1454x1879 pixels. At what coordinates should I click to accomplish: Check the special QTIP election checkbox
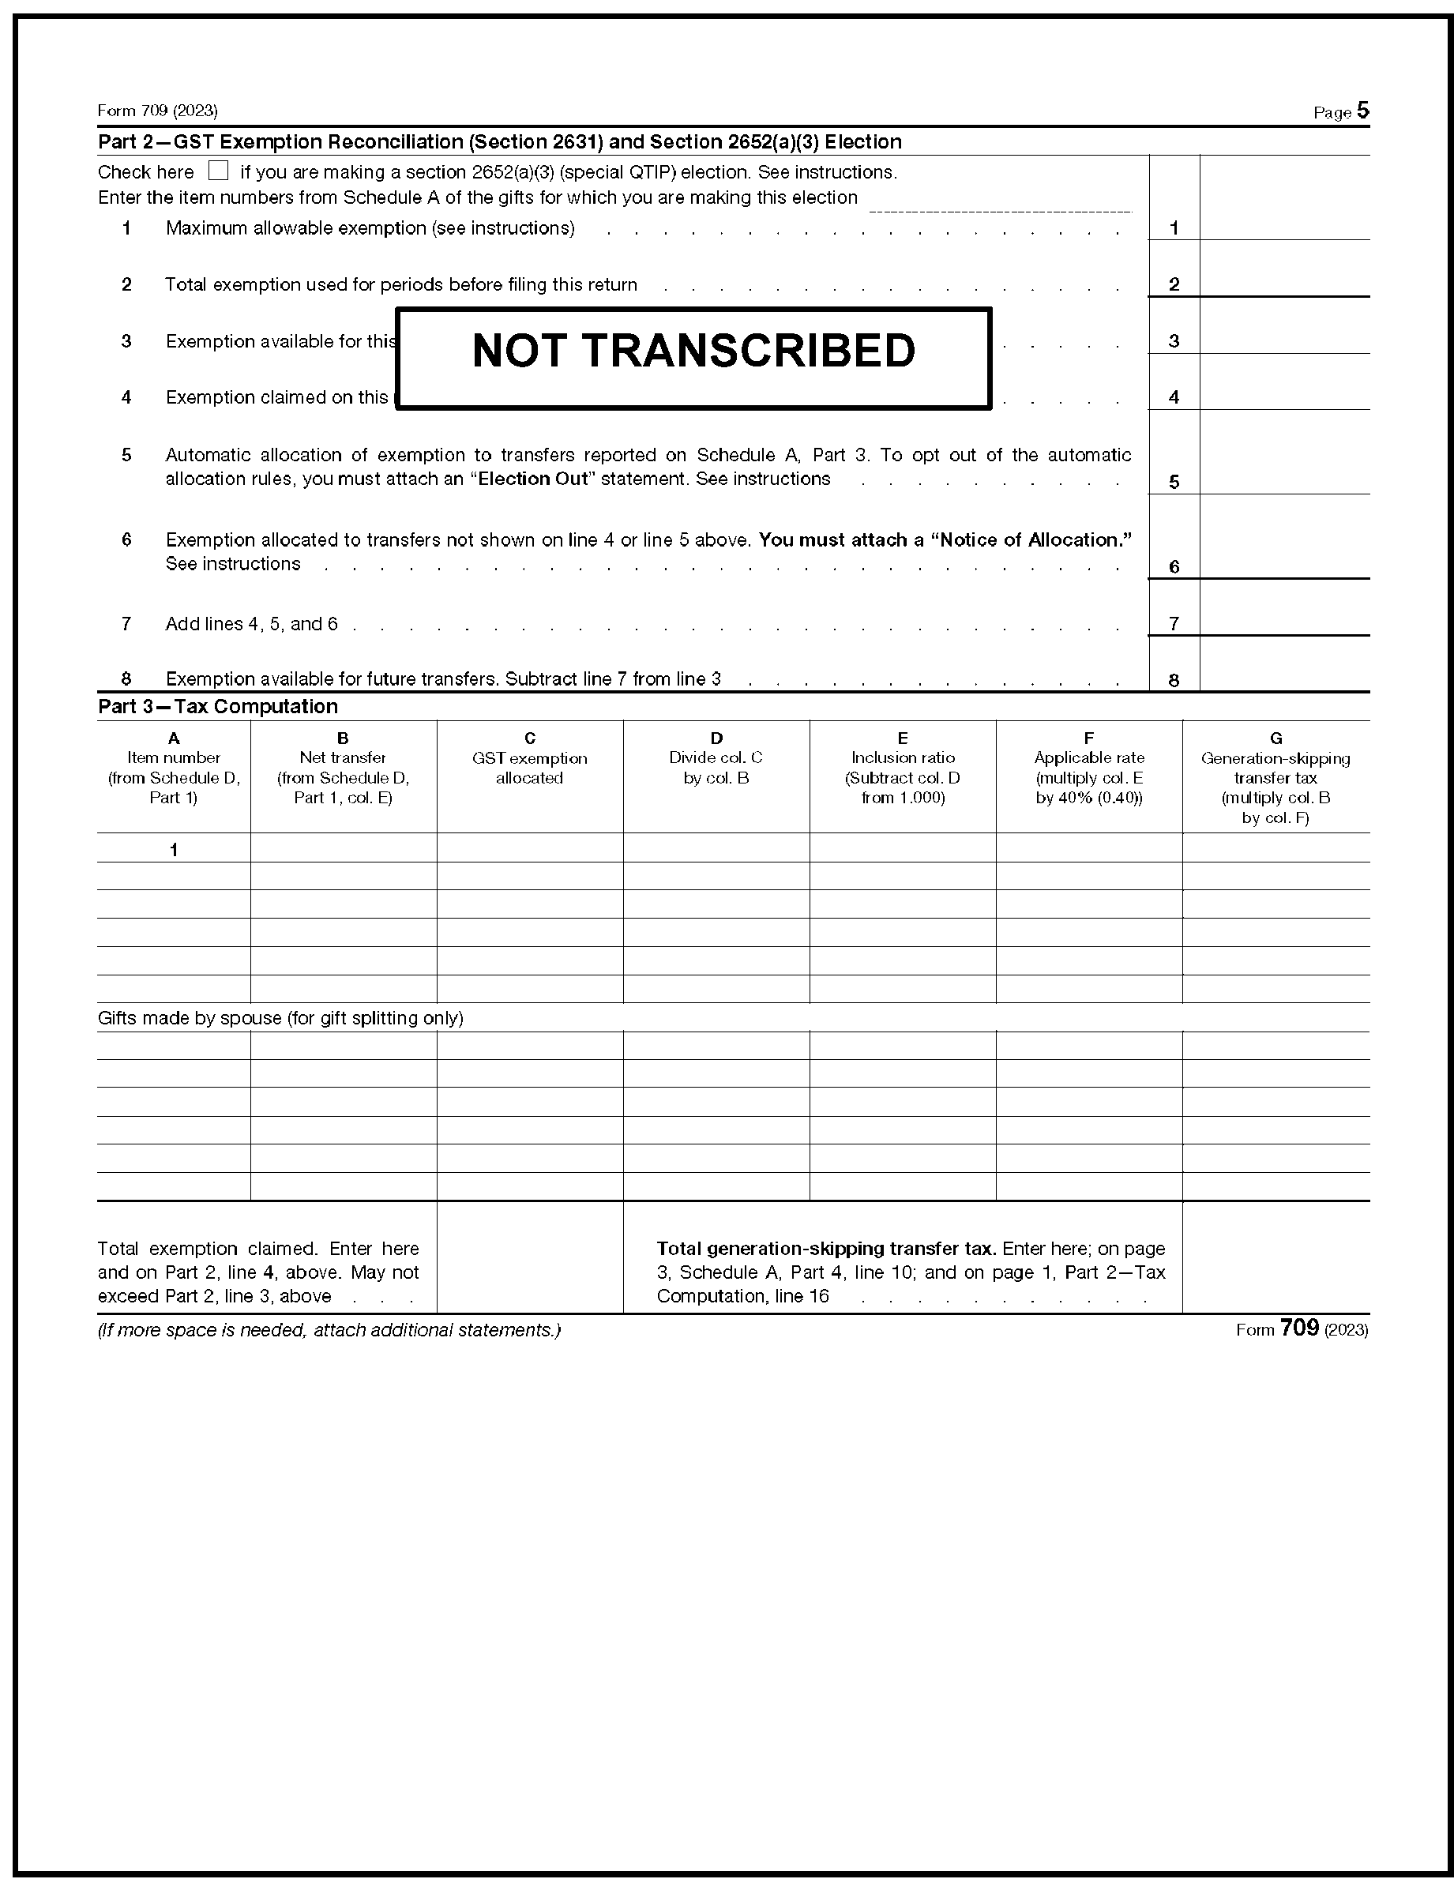[x=219, y=171]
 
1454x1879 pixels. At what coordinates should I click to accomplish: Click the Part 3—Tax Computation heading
[x=218, y=706]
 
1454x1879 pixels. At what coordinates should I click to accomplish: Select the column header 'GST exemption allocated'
[x=529, y=768]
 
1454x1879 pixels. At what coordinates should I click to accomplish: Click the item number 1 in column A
[x=174, y=849]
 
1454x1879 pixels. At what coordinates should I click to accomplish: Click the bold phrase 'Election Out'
[x=533, y=479]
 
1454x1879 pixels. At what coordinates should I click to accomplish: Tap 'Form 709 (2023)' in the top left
[x=157, y=111]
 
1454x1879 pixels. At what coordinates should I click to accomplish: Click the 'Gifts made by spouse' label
[x=280, y=1018]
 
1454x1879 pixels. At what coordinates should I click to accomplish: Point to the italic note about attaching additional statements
[x=329, y=1330]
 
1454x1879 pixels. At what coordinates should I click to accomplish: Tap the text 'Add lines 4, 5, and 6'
[x=251, y=624]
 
